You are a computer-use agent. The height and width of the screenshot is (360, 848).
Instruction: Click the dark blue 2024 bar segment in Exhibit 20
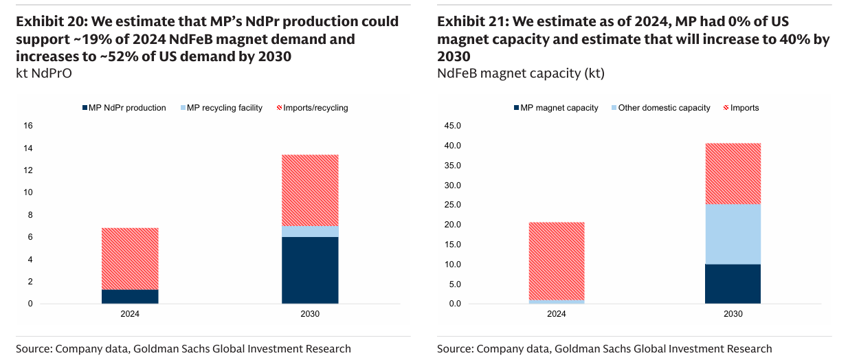pyautogui.click(x=130, y=296)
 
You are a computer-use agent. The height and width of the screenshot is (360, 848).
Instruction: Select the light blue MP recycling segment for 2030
pyautogui.click(x=310, y=232)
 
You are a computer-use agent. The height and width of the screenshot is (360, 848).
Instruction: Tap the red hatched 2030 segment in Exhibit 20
pyautogui.click(x=310, y=190)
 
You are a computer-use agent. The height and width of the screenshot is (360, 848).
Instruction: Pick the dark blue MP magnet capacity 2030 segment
pyautogui.click(x=733, y=284)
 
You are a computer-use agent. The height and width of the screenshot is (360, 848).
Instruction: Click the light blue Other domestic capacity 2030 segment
pyautogui.click(x=733, y=234)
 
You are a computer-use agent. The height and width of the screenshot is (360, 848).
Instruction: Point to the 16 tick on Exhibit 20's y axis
pyautogui.click(x=28, y=126)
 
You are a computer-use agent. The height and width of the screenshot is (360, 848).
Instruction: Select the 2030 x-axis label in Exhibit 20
pyautogui.click(x=310, y=314)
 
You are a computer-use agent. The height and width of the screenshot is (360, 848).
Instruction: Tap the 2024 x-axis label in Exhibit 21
pyautogui.click(x=556, y=314)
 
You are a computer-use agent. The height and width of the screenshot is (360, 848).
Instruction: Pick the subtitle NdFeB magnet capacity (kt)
pyautogui.click(x=520, y=73)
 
